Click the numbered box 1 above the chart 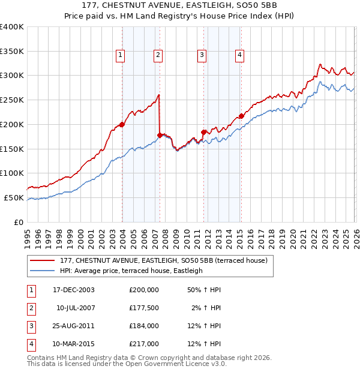click(x=121, y=55)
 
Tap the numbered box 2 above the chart click(x=158, y=55)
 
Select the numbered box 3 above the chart click(x=202, y=55)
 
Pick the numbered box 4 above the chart click(x=239, y=55)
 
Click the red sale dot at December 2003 click(x=122, y=124)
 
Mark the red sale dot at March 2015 click(x=241, y=116)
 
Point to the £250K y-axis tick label click(x=11, y=100)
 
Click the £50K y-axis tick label click(x=14, y=197)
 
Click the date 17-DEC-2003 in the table click(x=73, y=290)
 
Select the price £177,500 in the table click(x=144, y=308)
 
